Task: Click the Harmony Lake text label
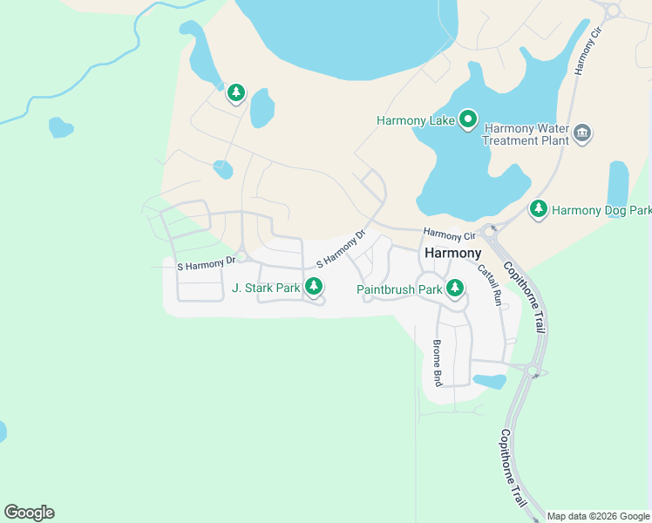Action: click(416, 120)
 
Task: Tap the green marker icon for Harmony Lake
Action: click(468, 119)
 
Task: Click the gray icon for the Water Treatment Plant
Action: click(583, 133)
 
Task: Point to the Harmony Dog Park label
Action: click(601, 210)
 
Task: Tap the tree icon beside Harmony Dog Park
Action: click(539, 209)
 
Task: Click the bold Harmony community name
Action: click(452, 253)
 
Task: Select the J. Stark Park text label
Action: click(266, 287)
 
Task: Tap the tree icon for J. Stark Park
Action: click(314, 286)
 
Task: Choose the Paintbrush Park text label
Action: click(399, 289)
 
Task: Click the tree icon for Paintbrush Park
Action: click(454, 288)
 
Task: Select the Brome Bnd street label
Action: click(438, 363)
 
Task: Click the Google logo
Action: click(29, 512)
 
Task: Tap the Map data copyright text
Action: click(598, 516)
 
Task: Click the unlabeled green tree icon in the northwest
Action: click(235, 92)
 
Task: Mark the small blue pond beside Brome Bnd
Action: click(489, 381)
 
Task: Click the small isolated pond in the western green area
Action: click(61, 128)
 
